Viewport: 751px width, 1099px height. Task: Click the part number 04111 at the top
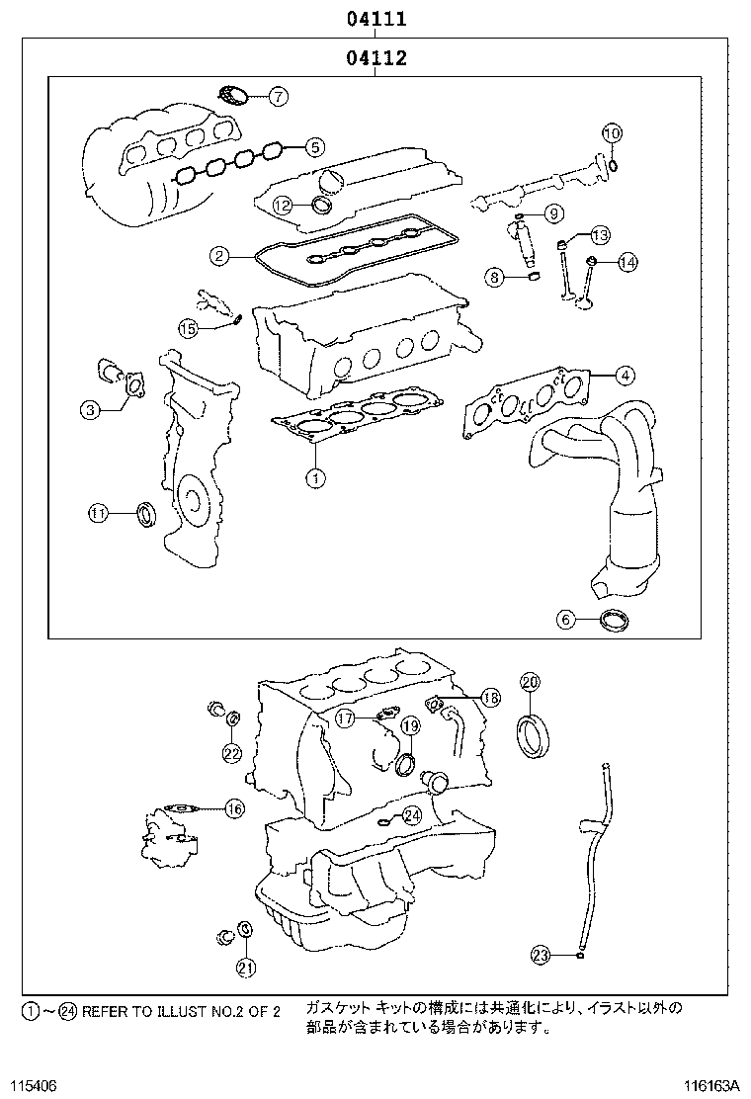point(376,19)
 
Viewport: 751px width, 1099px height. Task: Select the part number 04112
point(376,58)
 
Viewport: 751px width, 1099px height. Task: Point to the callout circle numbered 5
point(313,147)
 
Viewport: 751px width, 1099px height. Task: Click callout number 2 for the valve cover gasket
point(219,256)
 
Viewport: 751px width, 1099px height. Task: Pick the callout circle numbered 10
point(611,133)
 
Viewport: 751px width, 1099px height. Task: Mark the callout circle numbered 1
point(314,478)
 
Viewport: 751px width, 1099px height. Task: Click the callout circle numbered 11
point(97,512)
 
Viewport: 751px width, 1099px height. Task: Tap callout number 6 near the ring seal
point(565,620)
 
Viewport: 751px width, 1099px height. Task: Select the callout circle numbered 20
point(530,682)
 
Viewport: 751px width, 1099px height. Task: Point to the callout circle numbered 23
point(541,955)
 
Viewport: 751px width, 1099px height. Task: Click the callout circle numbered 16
point(233,808)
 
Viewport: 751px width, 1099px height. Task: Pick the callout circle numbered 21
point(245,967)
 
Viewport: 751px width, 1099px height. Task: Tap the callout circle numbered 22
point(231,753)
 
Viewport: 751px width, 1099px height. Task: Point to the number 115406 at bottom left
point(35,1085)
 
